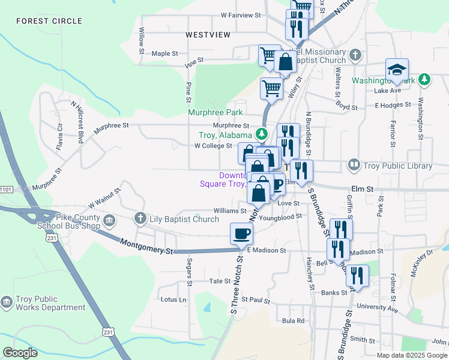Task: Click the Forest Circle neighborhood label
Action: [x=49, y=21]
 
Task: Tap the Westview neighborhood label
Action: [x=208, y=35]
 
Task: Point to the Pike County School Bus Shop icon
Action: [x=110, y=221]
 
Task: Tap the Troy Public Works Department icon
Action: [x=7, y=302]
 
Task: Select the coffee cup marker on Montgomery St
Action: [x=241, y=233]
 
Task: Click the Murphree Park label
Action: [x=215, y=112]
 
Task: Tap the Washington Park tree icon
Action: [x=424, y=79]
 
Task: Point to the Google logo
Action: [x=20, y=353]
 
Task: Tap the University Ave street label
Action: [x=377, y=307]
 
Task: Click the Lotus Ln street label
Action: [x=173, y=299]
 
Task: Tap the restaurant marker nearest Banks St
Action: [x=358, y=276]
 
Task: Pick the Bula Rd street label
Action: [x=294, y=320]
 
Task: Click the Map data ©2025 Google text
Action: [x=412, y=355]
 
